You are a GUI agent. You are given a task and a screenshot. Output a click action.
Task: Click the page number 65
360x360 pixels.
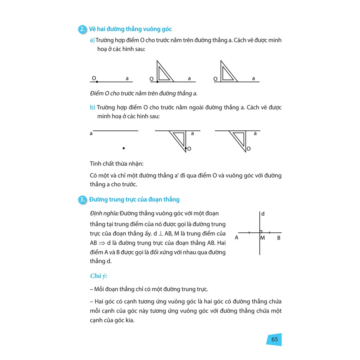click(x=275, y=339)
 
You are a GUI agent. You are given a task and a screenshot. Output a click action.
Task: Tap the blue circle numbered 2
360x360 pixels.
click(x=82, y=30)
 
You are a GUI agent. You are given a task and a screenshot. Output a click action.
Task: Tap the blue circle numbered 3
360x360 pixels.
click(x=82, y=200)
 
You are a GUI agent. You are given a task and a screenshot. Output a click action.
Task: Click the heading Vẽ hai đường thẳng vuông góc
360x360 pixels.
click(x=130, y=29)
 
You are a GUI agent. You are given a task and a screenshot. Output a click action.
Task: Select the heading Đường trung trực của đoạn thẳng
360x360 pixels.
click(x=134, y=200)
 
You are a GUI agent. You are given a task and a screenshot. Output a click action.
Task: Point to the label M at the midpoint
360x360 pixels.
click(x=263, y=238)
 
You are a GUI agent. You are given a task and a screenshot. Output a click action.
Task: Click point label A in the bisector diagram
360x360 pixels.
click(x=237, y=238)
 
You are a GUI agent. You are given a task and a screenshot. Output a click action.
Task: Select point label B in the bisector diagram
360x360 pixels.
click(x=278, y=238)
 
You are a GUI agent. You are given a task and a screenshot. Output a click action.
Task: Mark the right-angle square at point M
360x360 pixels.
click(x=261, y=231)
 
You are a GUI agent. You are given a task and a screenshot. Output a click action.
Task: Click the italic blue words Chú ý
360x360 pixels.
click(x=98, y=276)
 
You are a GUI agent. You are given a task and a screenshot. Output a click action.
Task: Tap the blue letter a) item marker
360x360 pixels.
click(x=92, y=40)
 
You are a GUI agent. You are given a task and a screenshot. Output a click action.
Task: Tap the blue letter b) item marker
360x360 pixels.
click(x=92, y=107)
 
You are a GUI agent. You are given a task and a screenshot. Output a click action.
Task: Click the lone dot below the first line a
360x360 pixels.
click(x=124, y=148)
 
